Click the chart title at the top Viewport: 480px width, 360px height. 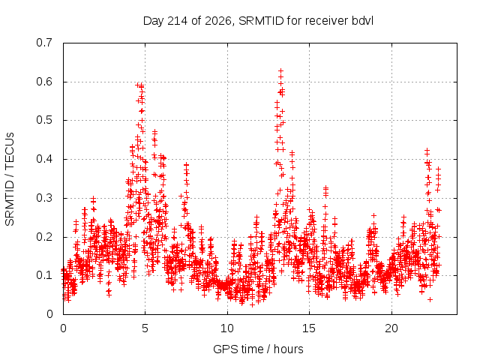258,21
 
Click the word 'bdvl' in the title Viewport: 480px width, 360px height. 362,21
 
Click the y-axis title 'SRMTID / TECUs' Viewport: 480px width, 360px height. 10,179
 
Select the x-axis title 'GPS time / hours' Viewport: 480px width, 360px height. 258,349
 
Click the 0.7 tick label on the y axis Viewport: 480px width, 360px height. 44,43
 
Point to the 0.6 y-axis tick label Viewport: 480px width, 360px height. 44,82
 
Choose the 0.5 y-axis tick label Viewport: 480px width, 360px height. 44,120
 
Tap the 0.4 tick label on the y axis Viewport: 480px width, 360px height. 44,159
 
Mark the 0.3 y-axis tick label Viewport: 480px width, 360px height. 44,198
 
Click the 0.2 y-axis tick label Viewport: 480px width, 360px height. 44,237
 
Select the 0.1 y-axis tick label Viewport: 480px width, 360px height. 44,275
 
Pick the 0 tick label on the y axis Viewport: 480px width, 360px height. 49,314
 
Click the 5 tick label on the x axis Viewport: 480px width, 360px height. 145,328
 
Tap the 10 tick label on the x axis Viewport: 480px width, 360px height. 227,328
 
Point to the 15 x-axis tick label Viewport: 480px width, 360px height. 309,328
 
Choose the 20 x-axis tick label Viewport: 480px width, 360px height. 391,328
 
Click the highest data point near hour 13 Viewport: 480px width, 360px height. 280,71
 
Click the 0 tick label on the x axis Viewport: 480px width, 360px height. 63,328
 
